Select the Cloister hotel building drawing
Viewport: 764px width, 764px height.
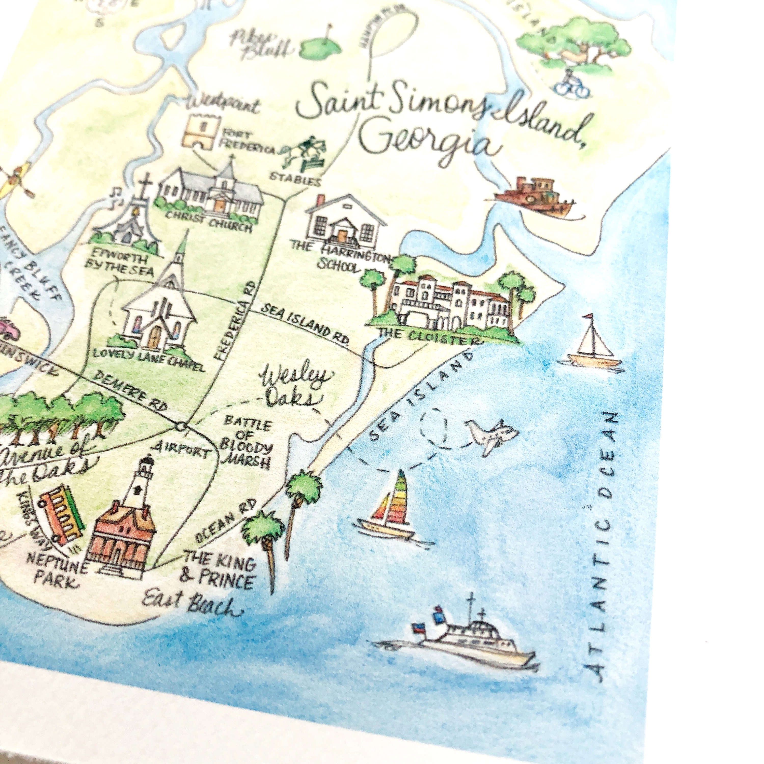[x=449, y=305]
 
